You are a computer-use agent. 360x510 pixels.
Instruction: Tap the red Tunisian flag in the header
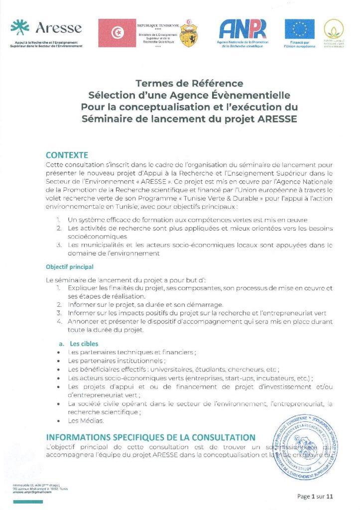117,33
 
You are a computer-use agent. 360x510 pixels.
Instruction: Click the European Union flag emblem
299,29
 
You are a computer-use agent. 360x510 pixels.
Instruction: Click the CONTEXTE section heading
67,155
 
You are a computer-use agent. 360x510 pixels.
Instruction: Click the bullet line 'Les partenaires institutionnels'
117,361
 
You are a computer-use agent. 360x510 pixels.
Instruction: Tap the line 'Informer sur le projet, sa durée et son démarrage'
146,304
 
